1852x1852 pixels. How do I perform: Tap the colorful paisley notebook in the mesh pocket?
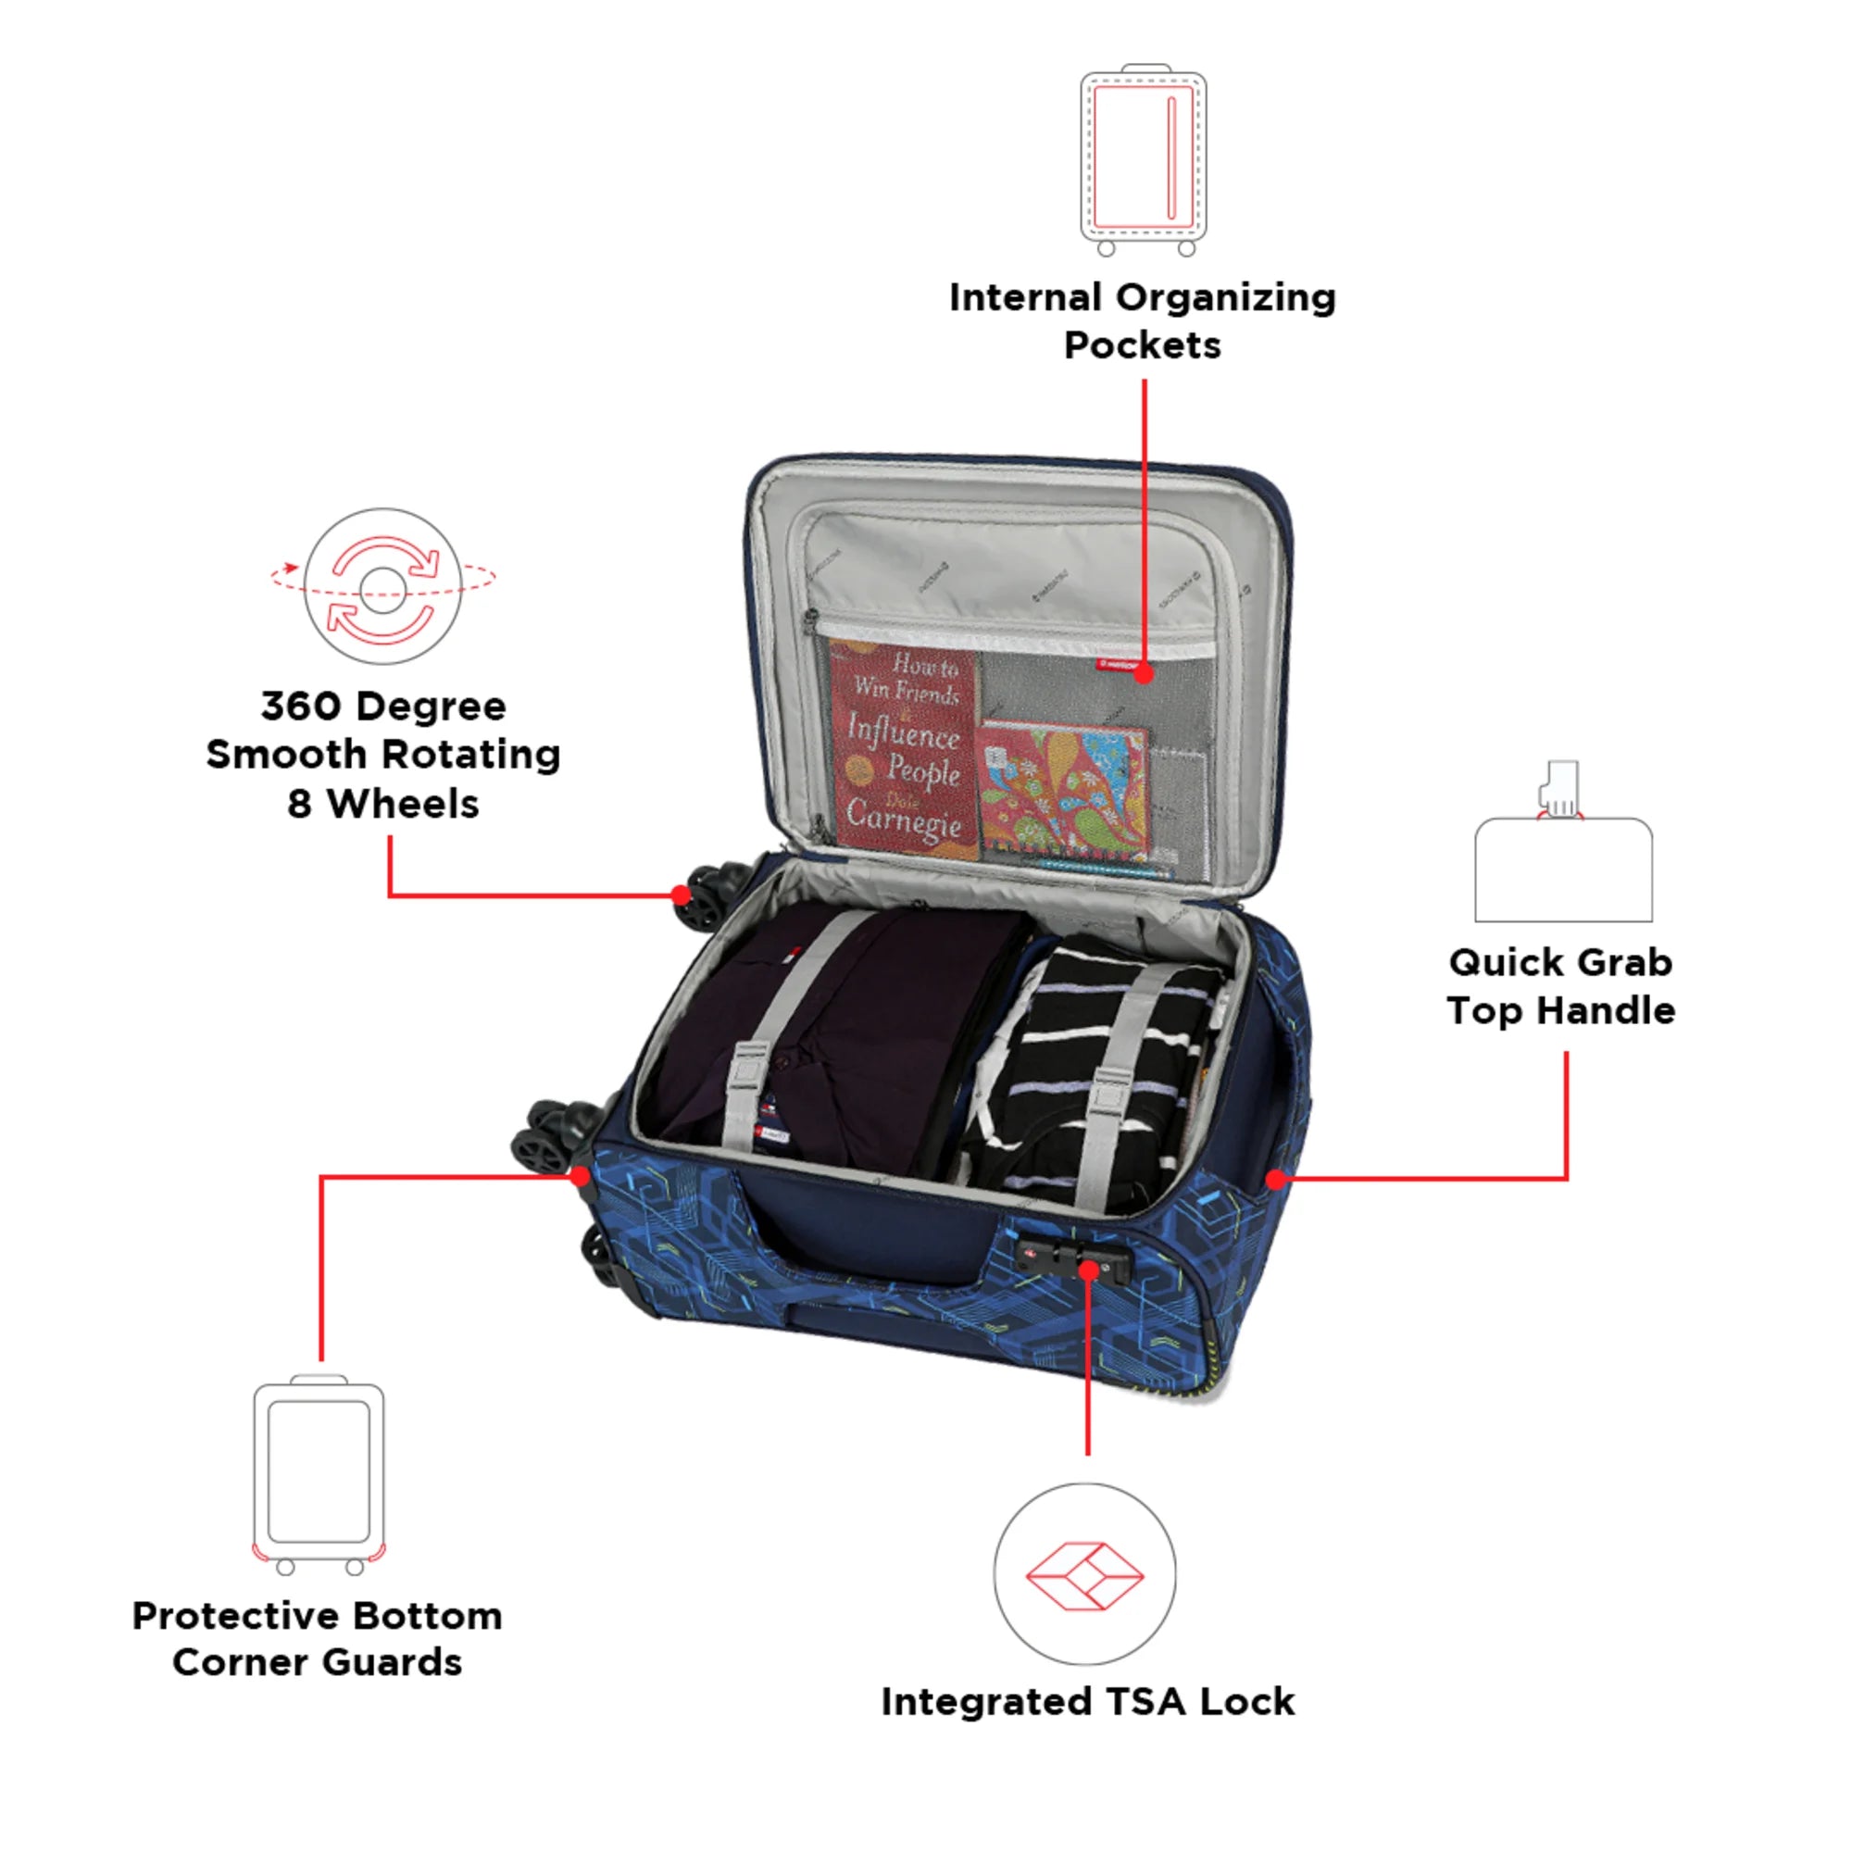coord(1062,792)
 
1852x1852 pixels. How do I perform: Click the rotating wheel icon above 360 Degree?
coord(383,587)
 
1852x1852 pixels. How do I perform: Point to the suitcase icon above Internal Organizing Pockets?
coord(1143,159)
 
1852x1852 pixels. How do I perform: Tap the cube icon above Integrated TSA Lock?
coord(1084,1576)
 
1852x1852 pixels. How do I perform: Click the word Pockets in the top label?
coord(1143,345)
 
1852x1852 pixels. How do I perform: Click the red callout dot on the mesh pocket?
coord(1144,674)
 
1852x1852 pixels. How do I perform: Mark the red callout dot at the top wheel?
coord(681,895)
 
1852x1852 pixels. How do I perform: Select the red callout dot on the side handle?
coord(1275,1179)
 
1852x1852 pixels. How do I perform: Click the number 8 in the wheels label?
coord(299,805)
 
